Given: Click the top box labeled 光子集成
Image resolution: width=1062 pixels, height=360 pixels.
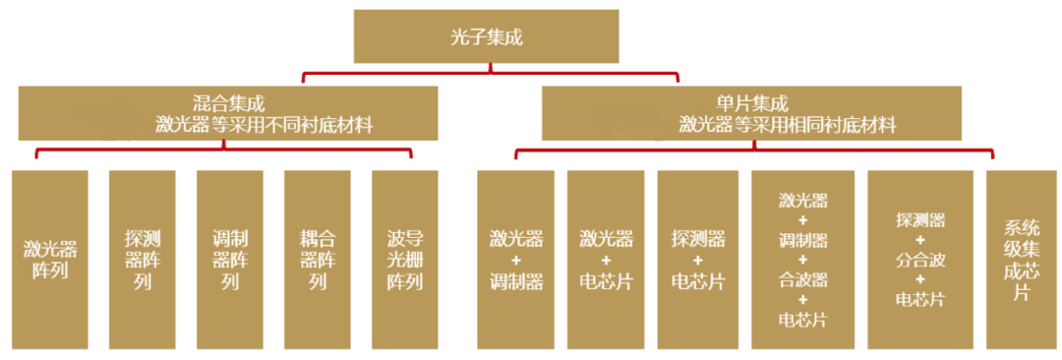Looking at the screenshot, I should pyautogui.click(x=486, y=36).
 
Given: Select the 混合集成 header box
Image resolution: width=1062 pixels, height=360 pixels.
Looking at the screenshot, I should pyautogui.click(x=227, y=113).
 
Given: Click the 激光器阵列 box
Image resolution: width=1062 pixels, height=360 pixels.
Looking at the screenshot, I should pyautogui.click(x=49, y=260).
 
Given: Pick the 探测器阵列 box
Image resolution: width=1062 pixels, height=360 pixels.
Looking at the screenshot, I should pyautogui.click(x=142, y=260).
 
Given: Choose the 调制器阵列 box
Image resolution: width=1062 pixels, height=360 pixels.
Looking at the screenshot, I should pyautogui.click(x=229, y=260).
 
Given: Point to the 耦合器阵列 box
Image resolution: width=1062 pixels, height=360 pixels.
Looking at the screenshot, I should pyautogui.click(x=317, y=260).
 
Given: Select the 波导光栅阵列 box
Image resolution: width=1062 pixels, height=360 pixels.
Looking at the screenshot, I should pyautogui.click(x=404, y=260).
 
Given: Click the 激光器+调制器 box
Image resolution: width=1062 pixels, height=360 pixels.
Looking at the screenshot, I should pyautogui.click(x=517, y=260).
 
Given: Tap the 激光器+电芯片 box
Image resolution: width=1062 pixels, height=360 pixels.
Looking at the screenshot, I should pyautogui.click(x=606, y=260).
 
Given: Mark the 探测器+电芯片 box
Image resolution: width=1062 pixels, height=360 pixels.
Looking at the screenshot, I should pyautogui.click(x=697, y=260).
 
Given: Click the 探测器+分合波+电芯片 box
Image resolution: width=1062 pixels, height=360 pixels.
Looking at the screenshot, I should pyautogui.click(x=919, y=260).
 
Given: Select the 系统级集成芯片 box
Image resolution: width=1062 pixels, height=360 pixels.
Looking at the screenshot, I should pyautogui.click(x=1021, y=260).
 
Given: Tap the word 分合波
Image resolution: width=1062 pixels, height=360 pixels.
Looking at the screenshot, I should pyautogui.click(x=919, y=260).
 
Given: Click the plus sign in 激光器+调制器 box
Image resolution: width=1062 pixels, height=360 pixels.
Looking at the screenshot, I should pyautogui.click(x=517, y=260).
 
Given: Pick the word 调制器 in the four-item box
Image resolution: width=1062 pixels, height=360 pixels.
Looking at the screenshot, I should pyautogui.click(x=803, y=240).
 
